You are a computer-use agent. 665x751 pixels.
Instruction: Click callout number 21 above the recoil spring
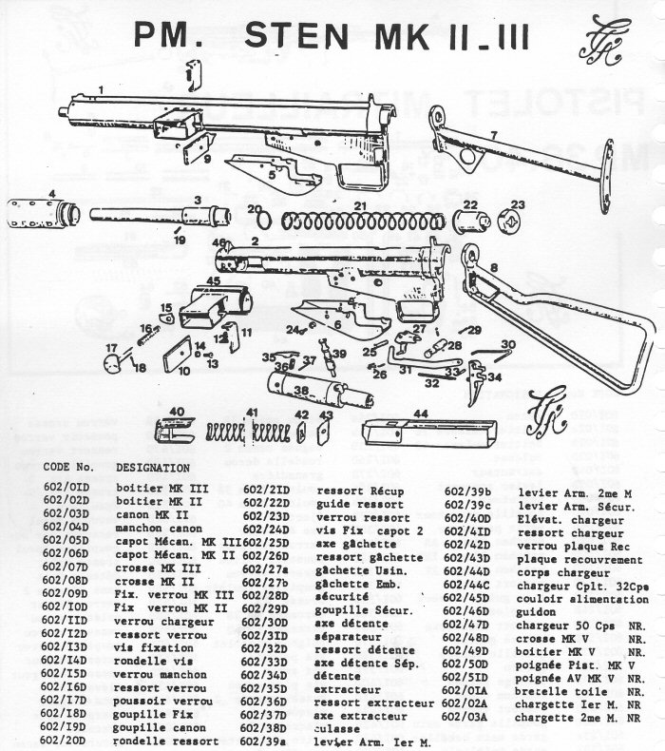[360, 205]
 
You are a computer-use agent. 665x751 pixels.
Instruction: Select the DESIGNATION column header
[154, 468]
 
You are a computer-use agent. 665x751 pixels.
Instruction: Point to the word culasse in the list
[337, 727]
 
